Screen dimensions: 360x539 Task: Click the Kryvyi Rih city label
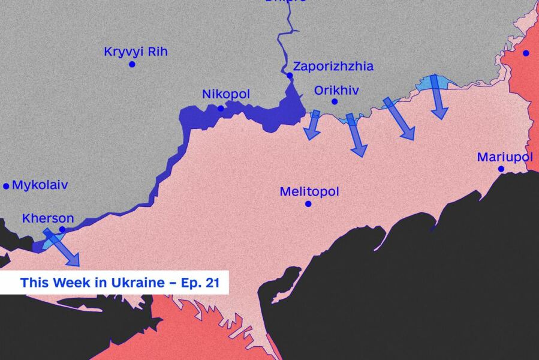coord(135,52)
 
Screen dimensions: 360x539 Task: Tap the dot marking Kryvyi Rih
coord(132,64)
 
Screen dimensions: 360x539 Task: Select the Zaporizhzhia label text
coord(333,67)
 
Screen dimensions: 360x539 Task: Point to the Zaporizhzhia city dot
coord(290,76)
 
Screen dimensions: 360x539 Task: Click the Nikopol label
coord(225,95)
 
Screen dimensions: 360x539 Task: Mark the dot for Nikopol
coord(221,109)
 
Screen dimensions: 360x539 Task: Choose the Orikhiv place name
coord(336,91)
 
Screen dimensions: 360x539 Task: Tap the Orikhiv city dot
coord(335,101)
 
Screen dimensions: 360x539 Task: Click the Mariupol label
coord(505,157)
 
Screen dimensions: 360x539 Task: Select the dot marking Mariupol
coord(501,169)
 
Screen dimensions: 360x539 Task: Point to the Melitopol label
coord(309,192)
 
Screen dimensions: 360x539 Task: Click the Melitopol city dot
coord(308,204)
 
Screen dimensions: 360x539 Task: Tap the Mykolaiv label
coord(40,185)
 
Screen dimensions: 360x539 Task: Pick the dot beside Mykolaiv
coord(7,186)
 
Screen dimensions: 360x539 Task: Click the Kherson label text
coord(48,218)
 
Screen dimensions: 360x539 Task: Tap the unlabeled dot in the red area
coord(526,53)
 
